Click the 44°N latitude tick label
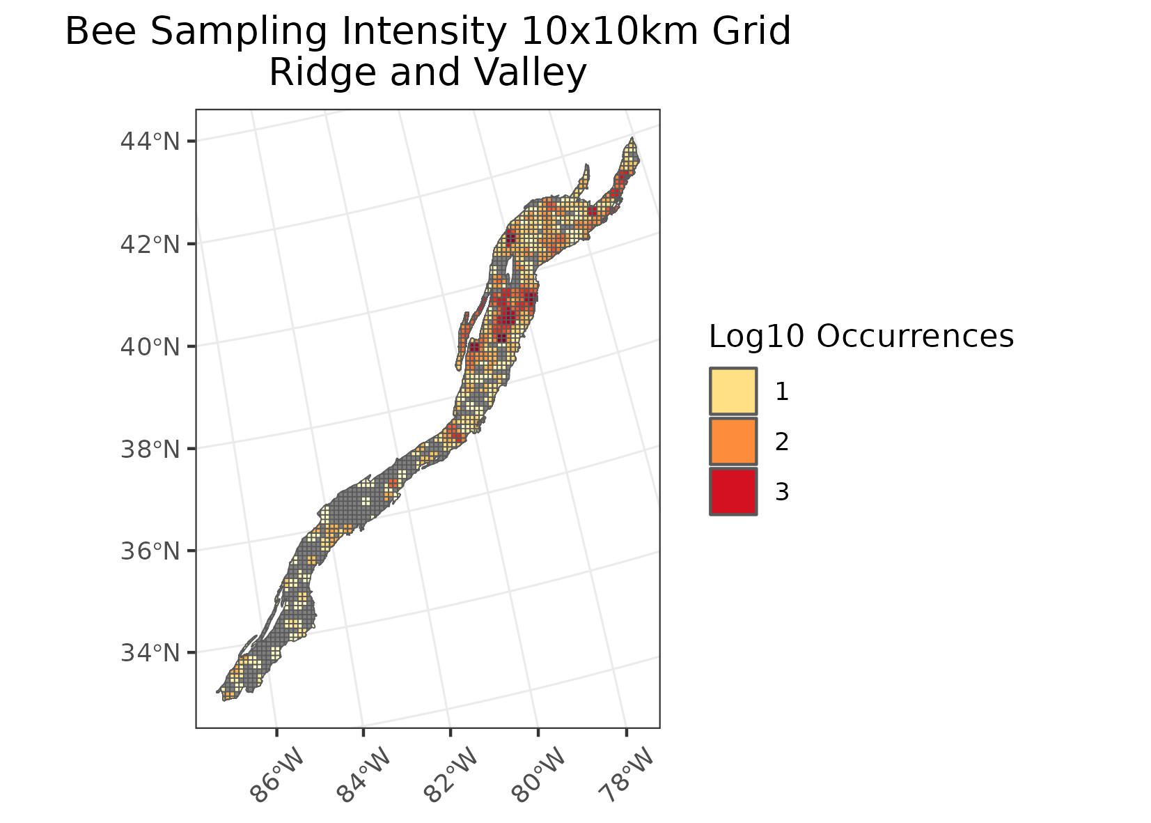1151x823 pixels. (150, 141)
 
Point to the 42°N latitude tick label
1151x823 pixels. (150, 244)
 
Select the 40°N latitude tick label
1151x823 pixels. (150, 346)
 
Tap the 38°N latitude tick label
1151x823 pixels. (150, 449)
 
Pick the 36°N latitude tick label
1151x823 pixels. (150, 551)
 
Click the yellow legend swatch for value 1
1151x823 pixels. (733, 392)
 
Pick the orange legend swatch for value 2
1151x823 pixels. (733, 441)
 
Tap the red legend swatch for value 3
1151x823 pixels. (733, 491)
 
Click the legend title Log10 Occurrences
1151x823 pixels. (861, 337)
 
